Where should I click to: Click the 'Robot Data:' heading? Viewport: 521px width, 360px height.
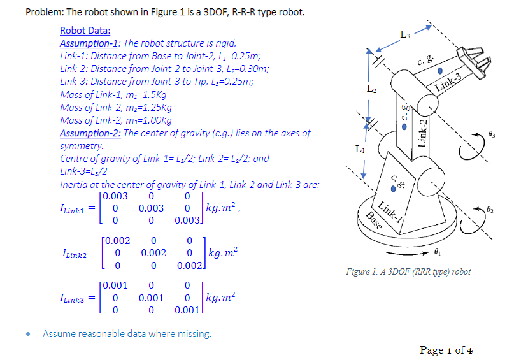pos(85,31)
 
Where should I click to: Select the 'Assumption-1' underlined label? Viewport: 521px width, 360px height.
pos(89,43)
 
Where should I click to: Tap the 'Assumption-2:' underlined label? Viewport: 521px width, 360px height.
pos(90,133)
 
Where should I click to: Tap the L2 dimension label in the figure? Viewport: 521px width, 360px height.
pos(373,89)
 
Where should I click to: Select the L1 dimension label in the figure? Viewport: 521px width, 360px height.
pos(360,150)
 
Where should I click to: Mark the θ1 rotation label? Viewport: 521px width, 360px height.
pos(455,252)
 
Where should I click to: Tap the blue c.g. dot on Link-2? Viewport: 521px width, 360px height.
pos(399,126)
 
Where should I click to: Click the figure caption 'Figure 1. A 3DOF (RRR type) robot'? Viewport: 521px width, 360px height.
pos(408,271)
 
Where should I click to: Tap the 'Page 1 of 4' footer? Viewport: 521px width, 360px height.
pos(445,350)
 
